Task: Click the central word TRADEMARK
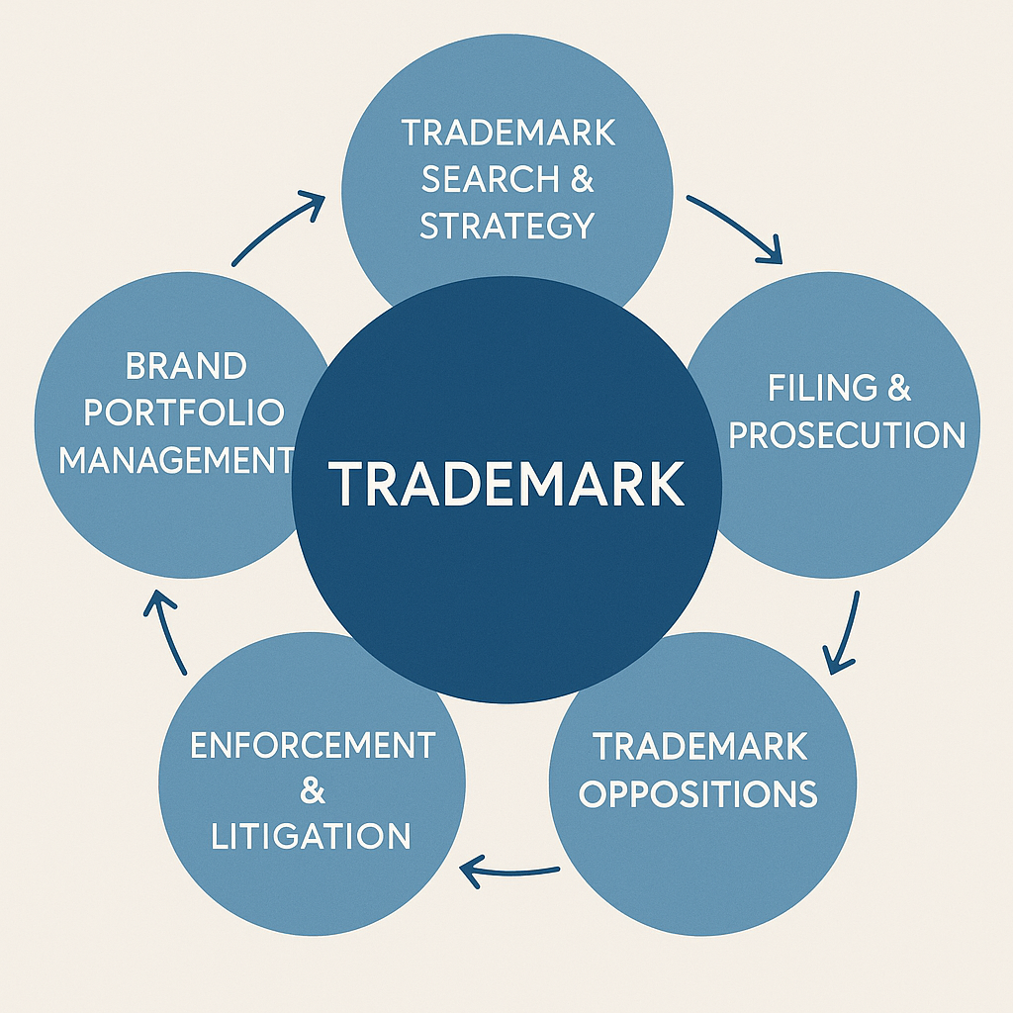[506, 484]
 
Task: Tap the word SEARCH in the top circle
[476, 179]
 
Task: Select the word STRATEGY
[506, 226]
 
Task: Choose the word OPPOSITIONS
[698, 793]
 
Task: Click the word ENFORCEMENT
[312, 745]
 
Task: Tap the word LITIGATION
[312, 837]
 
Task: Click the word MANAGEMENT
[176, 460]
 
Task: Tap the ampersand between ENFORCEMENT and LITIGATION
[312, 790]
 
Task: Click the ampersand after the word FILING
[898, 387]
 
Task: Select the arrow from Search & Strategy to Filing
[737, 228]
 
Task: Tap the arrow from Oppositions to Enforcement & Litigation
[509, 871]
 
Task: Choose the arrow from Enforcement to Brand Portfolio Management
[167, 633]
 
